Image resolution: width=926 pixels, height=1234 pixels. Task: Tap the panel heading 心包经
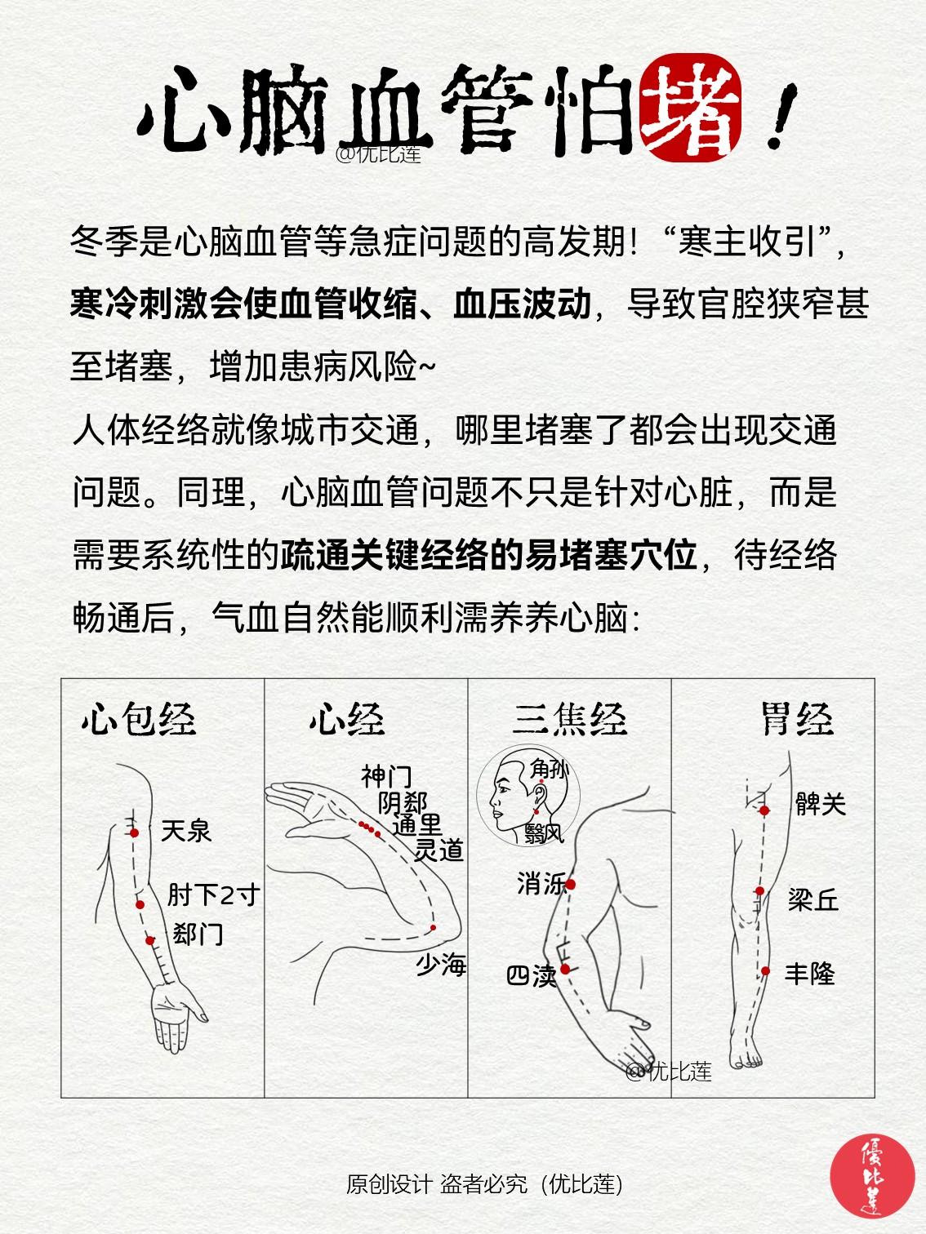(139, 719)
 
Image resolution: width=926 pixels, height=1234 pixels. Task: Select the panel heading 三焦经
(569, 719)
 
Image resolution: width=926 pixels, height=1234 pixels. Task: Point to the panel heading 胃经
(797, 719)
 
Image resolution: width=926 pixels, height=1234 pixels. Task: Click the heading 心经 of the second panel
(346, 719)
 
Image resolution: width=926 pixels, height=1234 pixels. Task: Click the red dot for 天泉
(135, 832)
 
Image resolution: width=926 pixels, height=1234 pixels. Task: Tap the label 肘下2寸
(212, 894)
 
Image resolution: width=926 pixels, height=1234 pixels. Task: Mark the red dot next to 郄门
(150, 940)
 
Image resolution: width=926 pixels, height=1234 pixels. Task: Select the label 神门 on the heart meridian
(386, 775)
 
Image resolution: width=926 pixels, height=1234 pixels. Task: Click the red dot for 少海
(434, 928)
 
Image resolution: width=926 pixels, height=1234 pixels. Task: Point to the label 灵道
(439, 850)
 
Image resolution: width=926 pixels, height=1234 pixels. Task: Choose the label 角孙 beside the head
(549, 768)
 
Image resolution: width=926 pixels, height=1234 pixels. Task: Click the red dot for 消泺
(571, 884)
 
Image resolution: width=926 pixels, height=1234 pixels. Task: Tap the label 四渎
(532, 975)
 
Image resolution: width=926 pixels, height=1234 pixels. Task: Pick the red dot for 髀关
(765, 810)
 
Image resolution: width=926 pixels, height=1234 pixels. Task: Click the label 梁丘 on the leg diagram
(813, 900)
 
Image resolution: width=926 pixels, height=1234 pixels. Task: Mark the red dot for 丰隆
(766, 971)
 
